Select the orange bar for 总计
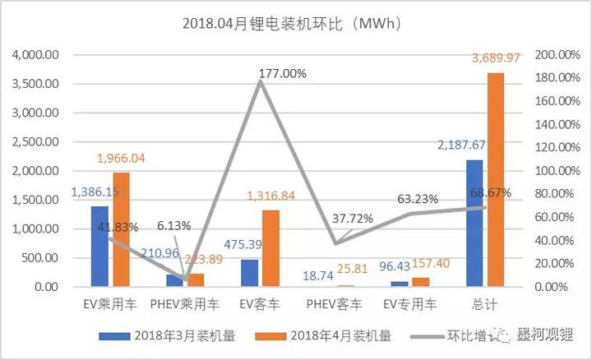point(496,180)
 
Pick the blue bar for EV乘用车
point(100,247)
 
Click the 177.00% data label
point(282,73)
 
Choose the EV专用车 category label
point(409,304)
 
